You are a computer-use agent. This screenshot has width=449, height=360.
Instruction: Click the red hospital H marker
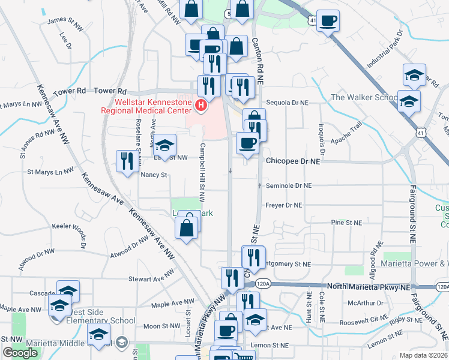(200, 107)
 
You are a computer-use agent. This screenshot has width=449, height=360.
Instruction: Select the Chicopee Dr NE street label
(294, 161)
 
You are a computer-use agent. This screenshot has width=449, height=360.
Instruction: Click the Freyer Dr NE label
(283, 205)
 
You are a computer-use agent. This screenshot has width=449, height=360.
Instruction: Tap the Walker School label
(364, 97)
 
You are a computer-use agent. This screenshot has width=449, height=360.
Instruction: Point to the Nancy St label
(153, 175)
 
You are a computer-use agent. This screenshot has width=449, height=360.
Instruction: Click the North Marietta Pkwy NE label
(368, 287)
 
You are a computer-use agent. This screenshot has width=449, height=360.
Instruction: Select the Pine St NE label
(347, 223)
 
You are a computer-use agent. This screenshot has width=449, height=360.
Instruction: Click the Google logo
(20, 353)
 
